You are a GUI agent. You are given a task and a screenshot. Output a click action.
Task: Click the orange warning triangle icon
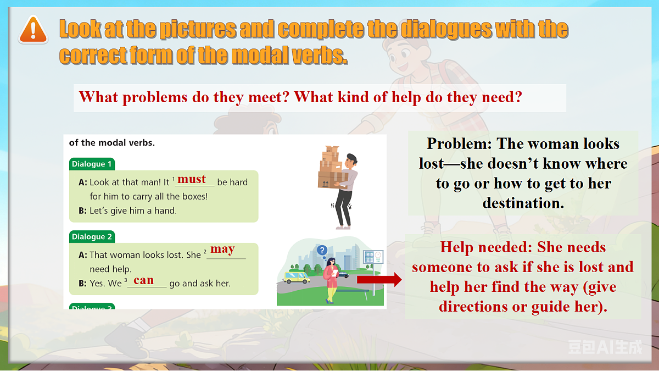pos(33,30)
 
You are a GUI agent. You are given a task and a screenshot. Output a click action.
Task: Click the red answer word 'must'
pos(192,179)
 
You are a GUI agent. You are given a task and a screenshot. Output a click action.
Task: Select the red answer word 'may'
pos(222,249)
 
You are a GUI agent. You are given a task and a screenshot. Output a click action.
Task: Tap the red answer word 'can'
pos(144,280)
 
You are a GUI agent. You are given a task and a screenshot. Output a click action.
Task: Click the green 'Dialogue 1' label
pos(92,164)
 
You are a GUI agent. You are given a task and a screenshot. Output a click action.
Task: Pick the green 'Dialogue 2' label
pos(92,236)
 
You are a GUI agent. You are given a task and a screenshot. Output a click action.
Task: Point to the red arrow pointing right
pos(379,280)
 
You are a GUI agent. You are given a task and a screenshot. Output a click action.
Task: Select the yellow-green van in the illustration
pos(297,276)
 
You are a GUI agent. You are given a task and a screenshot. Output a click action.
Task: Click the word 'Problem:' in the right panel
pos(459,144)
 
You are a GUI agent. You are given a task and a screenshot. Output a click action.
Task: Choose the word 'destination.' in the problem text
pos(523,203)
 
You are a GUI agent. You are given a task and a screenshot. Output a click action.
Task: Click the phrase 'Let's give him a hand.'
pos(133,211)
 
